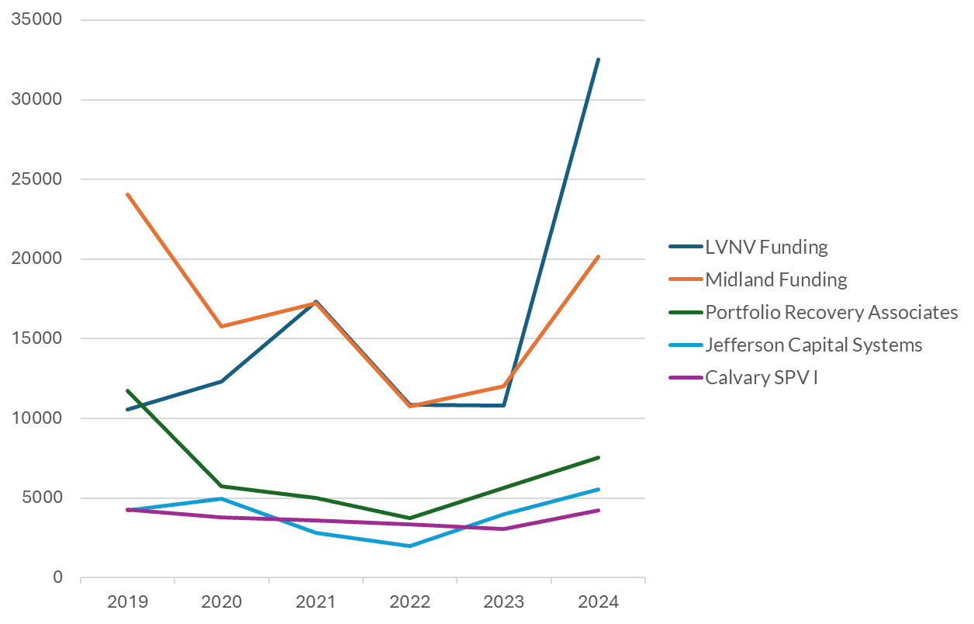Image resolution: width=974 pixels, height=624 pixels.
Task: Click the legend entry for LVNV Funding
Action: coord(765,248)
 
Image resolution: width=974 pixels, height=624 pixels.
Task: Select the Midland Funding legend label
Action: coord(775,279)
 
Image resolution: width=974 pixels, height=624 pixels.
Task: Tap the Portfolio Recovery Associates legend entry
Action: coord(831,312)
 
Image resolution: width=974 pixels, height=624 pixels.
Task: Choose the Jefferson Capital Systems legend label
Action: coord(813,345)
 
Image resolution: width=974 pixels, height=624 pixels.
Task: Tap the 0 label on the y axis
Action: coord(57,577)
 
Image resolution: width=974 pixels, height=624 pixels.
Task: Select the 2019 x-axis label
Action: coord(127,601)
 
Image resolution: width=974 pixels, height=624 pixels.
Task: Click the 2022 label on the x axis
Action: coord(409,601)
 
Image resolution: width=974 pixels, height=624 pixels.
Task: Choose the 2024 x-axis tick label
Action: coord(598,601)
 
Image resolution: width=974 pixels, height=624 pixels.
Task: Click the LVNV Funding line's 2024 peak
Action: coord(598,59)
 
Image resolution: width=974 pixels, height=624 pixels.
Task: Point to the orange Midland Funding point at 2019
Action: coord(127,194)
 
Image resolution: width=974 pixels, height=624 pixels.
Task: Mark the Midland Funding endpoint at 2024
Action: coord(598,256)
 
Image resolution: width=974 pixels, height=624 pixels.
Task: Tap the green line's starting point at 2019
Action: coord(127,390)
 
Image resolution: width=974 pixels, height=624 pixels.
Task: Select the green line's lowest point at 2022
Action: coord(409,518)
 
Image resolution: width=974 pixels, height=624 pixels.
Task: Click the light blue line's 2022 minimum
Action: coord(409,546)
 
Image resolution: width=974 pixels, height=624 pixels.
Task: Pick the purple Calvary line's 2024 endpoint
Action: coord(598,510)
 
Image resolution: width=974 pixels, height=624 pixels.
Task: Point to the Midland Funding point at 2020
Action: coord(222,326)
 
